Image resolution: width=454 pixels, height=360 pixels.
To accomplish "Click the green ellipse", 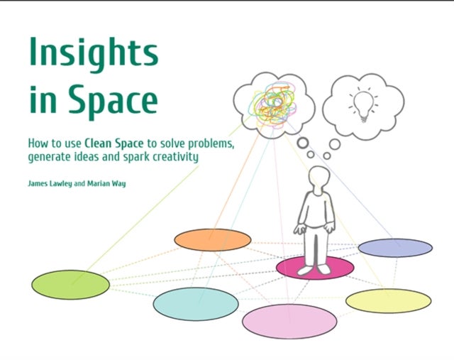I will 70,285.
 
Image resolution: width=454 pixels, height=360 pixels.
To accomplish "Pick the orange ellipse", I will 212,240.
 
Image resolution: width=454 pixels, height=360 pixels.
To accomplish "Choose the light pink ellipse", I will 289,321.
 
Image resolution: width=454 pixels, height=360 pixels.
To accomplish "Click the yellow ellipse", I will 388,300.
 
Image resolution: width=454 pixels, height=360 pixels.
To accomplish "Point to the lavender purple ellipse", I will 395,247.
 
